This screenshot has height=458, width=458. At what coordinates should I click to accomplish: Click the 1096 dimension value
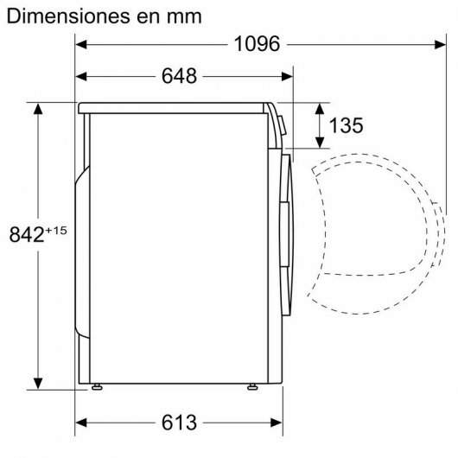[257, 44]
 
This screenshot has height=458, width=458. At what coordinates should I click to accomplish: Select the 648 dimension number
[178, 76]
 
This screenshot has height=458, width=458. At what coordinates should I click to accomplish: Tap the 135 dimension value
[346, 126]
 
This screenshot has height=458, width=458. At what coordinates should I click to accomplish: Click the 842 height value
[25, 234]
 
